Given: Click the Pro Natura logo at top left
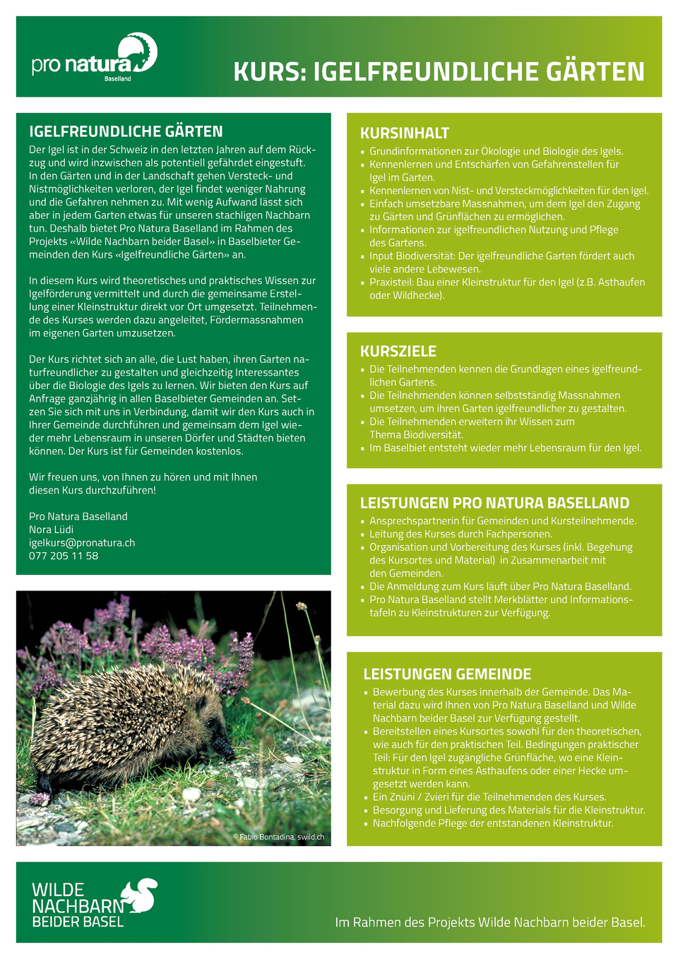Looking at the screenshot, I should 94,56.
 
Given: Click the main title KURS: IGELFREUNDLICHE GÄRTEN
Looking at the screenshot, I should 439,72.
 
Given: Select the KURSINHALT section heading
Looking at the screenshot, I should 405,133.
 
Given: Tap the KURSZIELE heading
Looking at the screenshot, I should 398,352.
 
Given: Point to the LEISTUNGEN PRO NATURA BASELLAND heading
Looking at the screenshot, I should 494,504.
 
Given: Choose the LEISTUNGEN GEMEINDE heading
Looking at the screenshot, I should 447,674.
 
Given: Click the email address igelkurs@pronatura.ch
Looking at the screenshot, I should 82,543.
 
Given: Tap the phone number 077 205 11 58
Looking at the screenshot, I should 64,556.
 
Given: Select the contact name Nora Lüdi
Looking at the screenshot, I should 51,530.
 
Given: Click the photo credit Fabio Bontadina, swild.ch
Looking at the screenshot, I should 278,837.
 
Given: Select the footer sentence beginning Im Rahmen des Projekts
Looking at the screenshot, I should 489,922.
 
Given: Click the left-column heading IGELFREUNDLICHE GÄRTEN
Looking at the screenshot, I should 126,131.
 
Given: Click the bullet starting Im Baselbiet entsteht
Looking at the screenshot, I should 505,448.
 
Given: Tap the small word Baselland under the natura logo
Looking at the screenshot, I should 118,79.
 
